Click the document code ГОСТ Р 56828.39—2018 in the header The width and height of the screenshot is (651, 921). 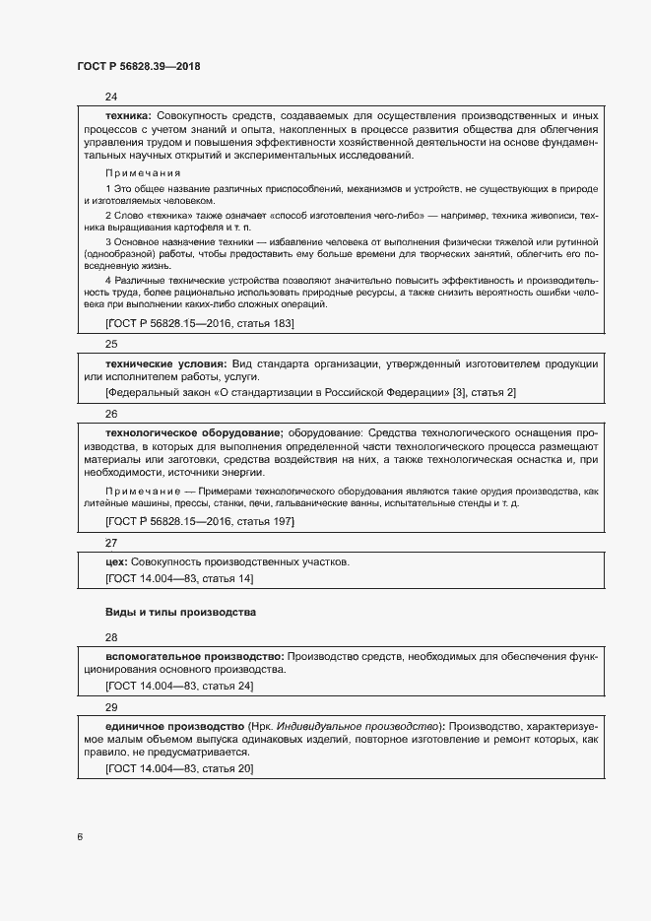tap(139, 66)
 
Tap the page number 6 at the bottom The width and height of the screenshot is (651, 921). tap(80, 837)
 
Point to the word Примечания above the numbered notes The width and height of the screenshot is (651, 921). tap(143, 172)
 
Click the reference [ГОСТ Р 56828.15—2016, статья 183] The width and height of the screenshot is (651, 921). tap(199, 322)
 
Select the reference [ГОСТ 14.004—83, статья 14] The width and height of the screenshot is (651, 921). tap(178, 578)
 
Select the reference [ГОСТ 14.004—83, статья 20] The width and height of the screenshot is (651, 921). tap(178, 768)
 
